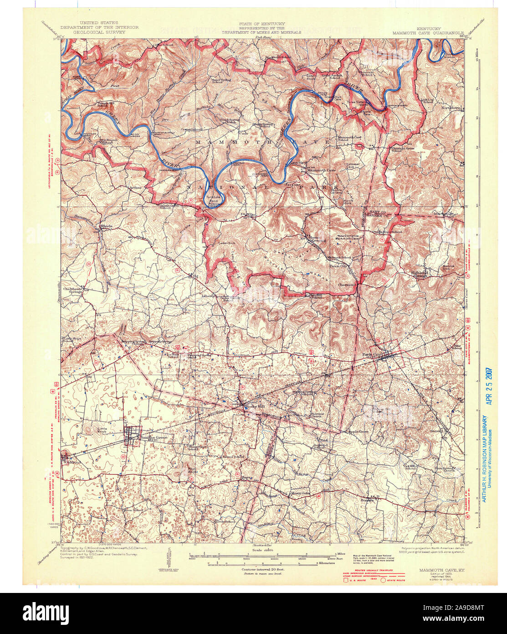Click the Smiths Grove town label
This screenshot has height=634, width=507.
point(154,437)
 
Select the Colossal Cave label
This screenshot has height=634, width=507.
point(353,166)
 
